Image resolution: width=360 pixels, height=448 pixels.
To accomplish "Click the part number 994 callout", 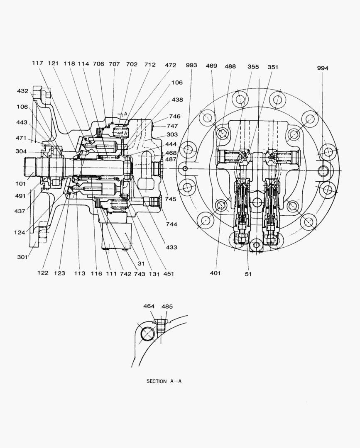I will [322, 68].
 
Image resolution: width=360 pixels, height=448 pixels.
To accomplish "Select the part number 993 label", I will [191, 65].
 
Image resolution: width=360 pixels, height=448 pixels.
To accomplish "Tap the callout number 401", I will [215, 273].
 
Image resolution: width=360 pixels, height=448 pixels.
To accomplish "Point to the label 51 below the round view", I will [248, 274].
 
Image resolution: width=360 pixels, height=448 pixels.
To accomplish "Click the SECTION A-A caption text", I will [164, 381].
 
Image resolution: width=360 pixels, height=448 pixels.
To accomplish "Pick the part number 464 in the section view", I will [149, 307].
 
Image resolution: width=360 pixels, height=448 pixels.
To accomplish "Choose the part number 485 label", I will [167, 307].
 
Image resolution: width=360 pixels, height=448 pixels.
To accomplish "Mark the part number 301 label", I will [22, 257].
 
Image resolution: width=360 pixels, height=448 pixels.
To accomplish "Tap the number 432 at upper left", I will [22, 91].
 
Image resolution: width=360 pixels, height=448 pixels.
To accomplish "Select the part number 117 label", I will [38, 63].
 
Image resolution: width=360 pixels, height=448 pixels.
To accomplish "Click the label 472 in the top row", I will [170, 65].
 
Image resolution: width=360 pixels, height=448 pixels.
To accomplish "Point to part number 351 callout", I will [273, 66].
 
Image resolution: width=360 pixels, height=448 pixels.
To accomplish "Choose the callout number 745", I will [170, 199].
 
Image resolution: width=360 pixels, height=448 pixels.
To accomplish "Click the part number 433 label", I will [171, 247].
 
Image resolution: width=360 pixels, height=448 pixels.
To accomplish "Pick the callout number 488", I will [230, 66].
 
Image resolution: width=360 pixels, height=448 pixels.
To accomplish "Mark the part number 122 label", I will [43, 273].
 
